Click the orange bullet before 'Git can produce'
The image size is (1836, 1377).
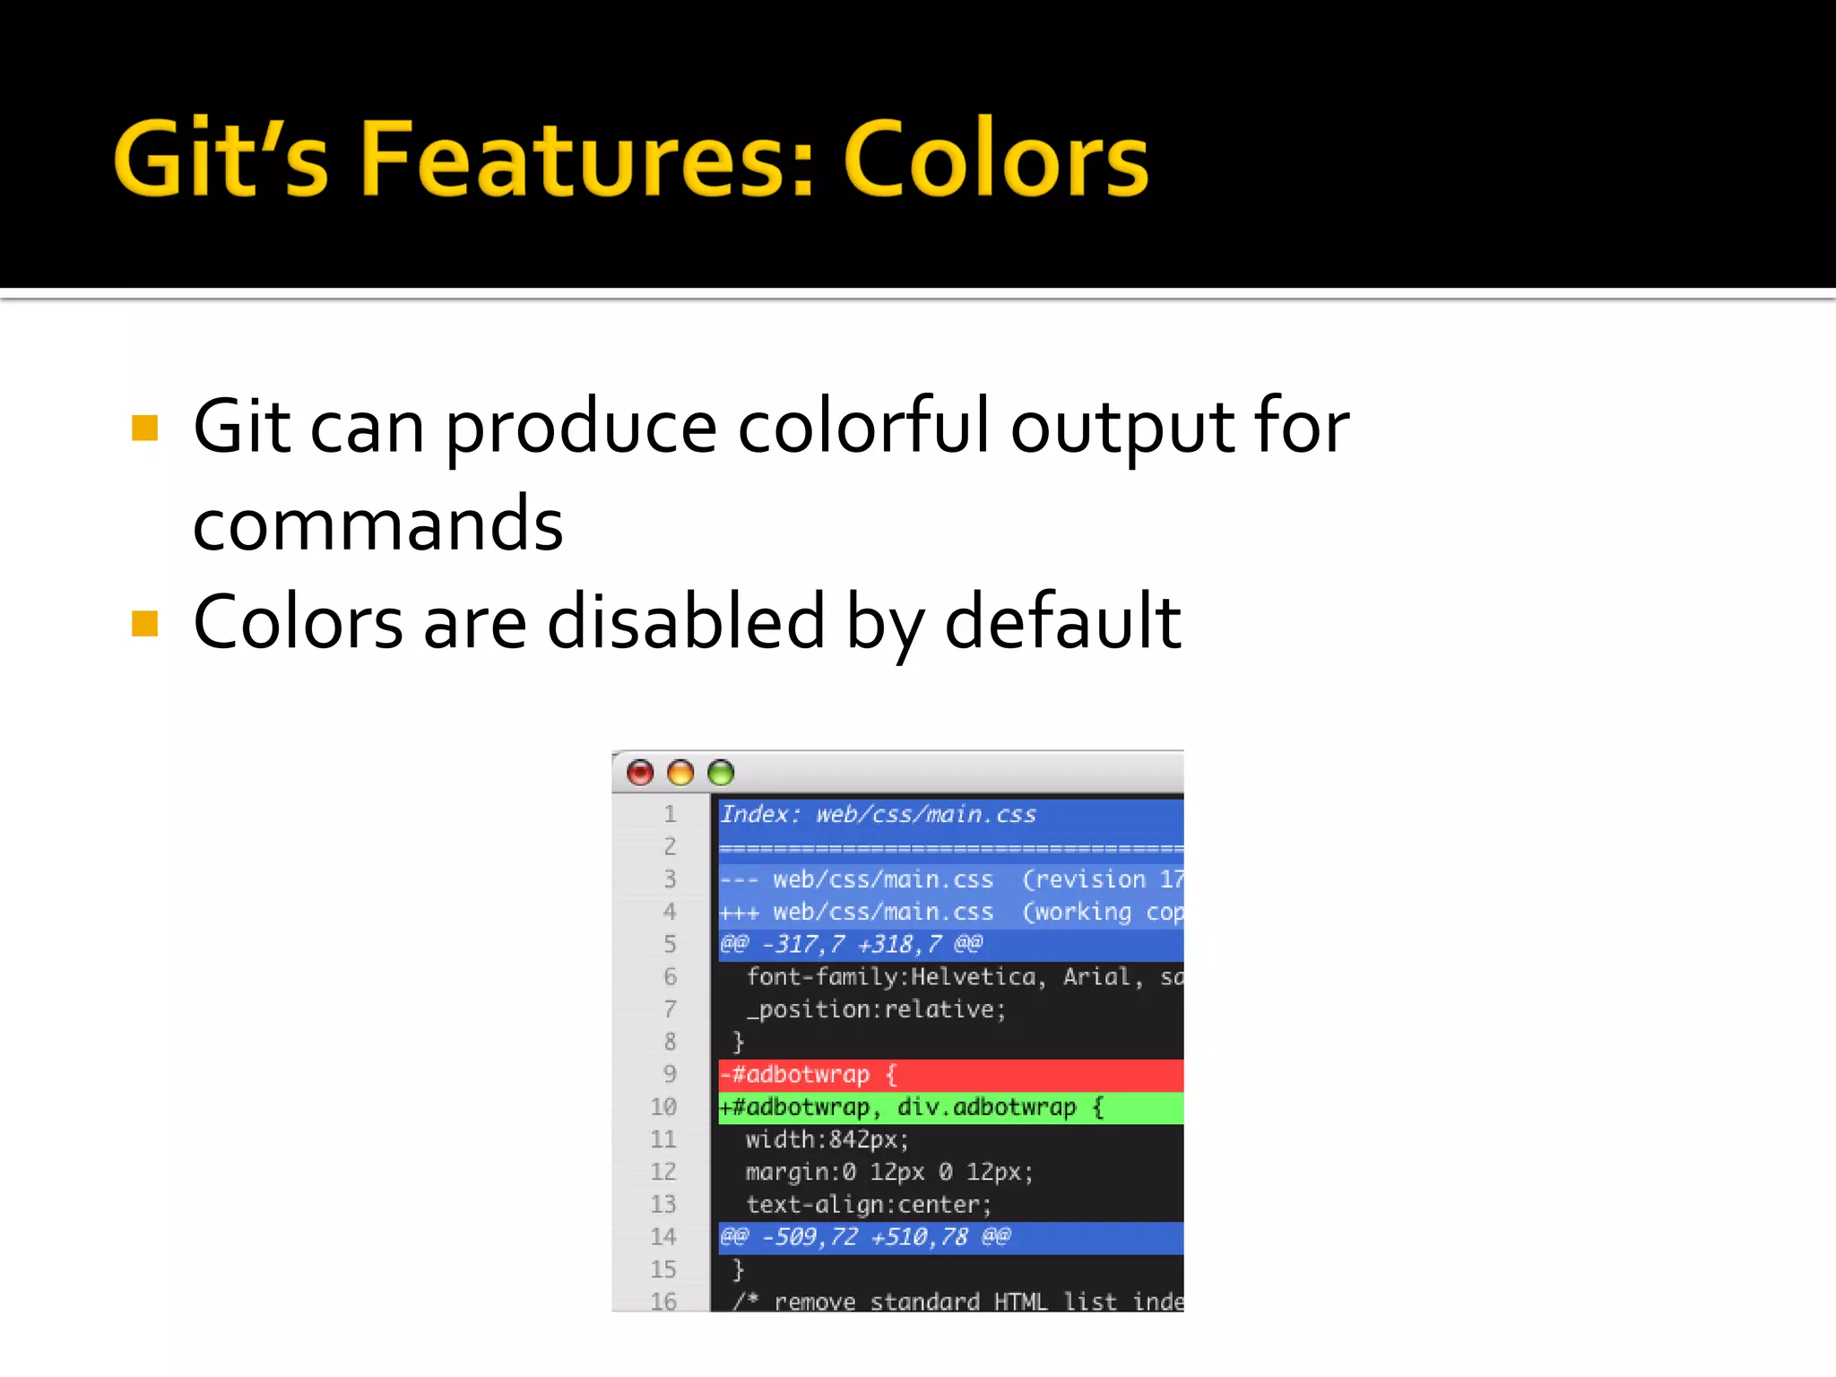144,428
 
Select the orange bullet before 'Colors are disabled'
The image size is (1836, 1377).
144,623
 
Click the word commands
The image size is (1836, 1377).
377,524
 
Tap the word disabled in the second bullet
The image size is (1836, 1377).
686,621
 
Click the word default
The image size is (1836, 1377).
1062,621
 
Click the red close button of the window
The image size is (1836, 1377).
640,772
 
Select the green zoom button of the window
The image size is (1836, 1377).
721,772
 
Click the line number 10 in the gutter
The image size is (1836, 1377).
663,1107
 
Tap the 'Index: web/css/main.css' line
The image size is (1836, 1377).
879,814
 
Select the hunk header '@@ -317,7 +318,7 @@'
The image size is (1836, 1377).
852,944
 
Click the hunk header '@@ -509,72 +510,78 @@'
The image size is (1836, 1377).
865,1237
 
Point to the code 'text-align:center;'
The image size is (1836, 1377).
868,1204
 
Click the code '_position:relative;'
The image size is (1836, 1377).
876,1009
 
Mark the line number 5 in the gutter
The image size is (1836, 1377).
670,944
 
